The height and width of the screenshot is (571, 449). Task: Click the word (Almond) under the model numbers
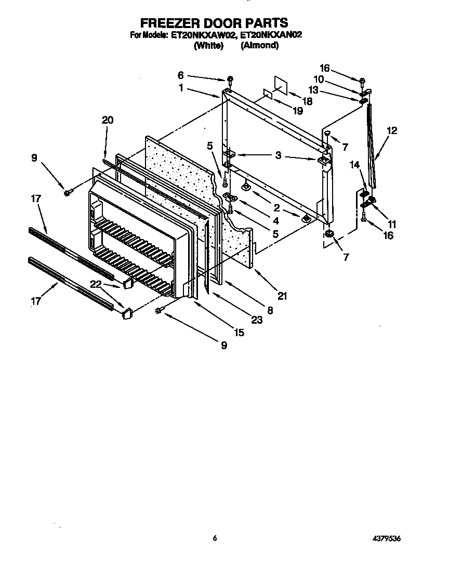click(260, 45)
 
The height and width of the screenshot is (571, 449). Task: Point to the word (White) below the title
click(208, 45)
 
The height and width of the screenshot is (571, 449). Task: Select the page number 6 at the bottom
click(214, 539)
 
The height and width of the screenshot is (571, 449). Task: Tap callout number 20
click(107, 120)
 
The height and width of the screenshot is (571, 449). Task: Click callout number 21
click(282, 296)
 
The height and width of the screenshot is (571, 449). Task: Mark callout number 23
click(256, 320)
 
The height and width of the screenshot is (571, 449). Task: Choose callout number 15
click(239, 333)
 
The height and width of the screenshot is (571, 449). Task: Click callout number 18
click(307, 101)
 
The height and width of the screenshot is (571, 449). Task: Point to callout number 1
click(181, 88)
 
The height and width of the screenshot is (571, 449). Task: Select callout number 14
click(354, 165)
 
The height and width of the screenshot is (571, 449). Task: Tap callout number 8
click(270, 310)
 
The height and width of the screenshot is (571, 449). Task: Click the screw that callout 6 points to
click(230, 79)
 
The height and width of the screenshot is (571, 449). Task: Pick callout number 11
click(392, 224)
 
